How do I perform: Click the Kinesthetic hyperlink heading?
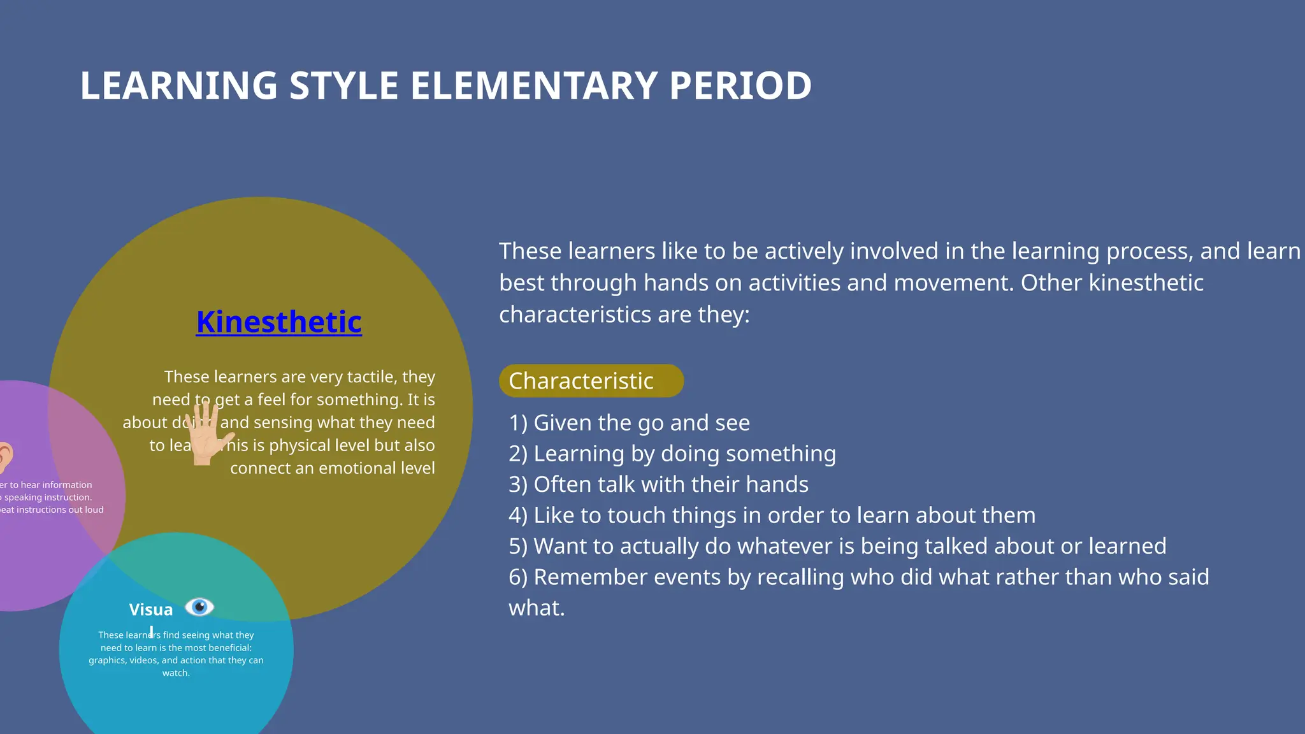click(x=278, y=322)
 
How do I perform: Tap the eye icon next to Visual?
click(x=199, y=607)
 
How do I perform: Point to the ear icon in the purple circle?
click(x=5, y=457)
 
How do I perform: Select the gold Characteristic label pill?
click(x=590, y=381)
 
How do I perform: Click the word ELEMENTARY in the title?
click(x=533, y=86)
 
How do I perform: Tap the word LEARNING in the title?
click(x=178, y=86)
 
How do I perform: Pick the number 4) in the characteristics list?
click(x=517, y=515)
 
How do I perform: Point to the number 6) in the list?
click(x=517, y=577)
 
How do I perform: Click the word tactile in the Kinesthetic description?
click(x=371, y=377)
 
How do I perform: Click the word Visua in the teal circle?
click(x=150, y=610)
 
